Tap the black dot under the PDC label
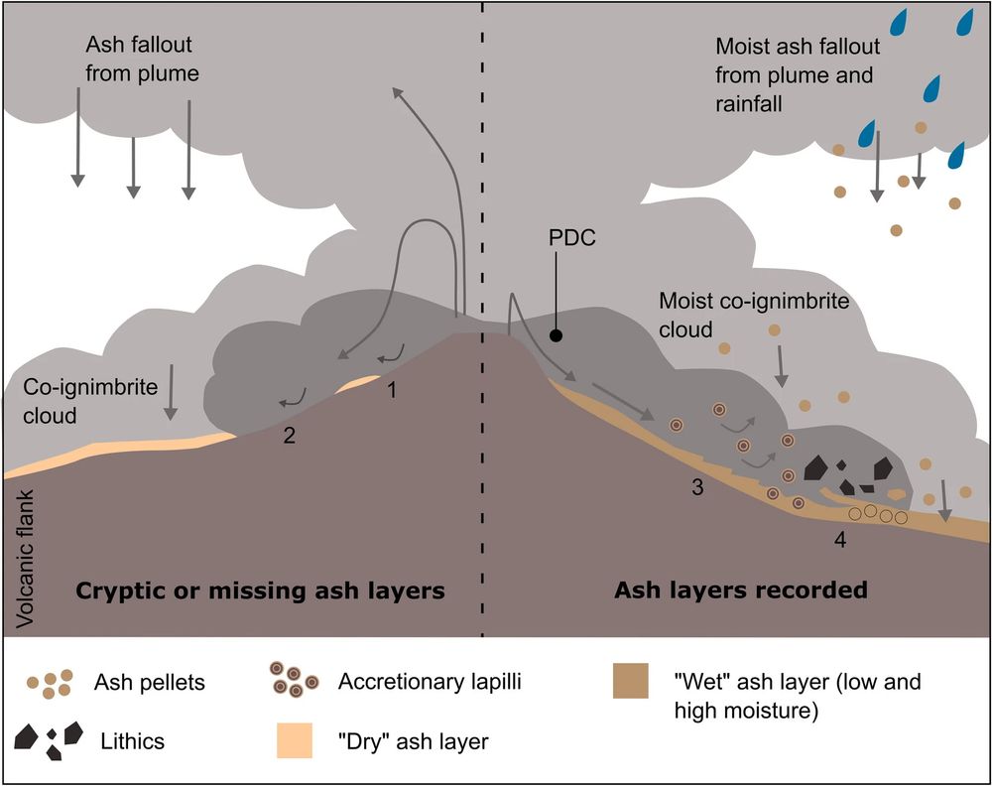point(557,335)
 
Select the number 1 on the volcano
point(392,390)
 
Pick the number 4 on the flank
point(840,541)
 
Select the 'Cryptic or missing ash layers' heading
point(260,591)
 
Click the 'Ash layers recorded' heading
point(741,590)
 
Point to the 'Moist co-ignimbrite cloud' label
point(755,314)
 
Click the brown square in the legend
point(630,681)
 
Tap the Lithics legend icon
point(47,739)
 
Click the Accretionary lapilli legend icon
point(294,681)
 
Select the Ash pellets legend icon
point(50,682)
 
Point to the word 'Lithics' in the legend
point(134,740)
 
